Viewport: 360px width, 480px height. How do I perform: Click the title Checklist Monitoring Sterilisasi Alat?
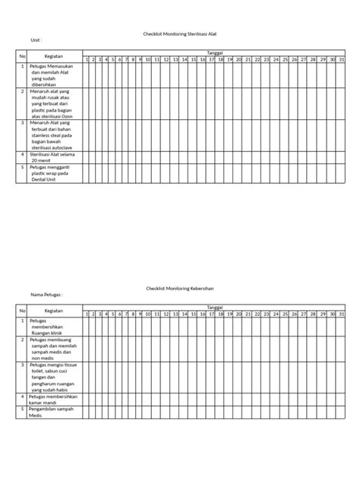[180, 34]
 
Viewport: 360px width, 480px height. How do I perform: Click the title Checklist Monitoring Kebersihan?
[180, 289]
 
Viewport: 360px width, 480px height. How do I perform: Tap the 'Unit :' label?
[36, 40]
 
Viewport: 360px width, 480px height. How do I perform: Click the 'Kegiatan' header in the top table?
[52, 55]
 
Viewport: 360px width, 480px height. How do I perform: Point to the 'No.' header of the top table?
[23, 55]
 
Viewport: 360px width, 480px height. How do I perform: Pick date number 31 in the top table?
[343, 59]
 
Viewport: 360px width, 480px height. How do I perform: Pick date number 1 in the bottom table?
[87, 314]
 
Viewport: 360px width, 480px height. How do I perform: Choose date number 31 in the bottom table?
[343, 314]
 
